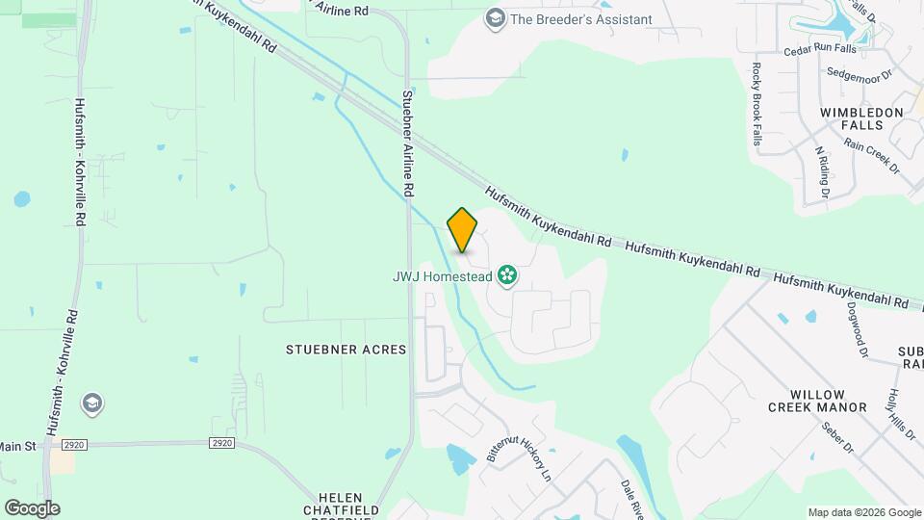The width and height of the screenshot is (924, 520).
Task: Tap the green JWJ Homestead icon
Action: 507,277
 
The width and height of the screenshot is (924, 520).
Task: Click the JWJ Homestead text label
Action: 442,277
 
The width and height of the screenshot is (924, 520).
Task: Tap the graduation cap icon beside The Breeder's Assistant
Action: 495,18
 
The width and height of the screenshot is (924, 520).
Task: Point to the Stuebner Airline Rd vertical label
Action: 408,144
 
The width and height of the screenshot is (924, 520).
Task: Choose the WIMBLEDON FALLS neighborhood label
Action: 861,118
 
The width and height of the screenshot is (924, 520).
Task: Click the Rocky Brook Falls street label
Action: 757,102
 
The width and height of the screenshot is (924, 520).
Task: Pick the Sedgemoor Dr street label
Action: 860,72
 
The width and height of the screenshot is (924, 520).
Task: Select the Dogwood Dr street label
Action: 855,330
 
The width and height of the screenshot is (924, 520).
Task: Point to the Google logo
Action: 32,507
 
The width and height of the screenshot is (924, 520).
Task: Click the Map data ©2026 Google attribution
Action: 863,512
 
